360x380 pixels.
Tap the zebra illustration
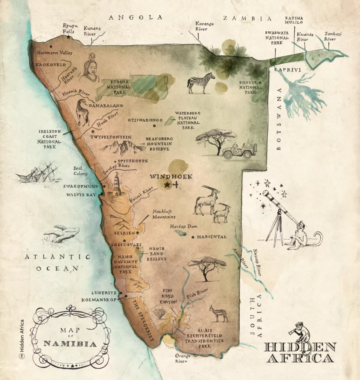[x=201, y=82]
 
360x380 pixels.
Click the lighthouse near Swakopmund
[x=117, y=186]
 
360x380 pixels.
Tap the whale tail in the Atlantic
[x=62, y=234]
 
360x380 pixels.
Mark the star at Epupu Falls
[x=68, y=37]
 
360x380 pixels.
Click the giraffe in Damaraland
[x=82, y=112]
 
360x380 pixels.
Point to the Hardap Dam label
[x=183, y=226]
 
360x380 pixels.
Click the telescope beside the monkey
[x=278, y=208]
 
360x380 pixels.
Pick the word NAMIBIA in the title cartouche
[x=70, y=343]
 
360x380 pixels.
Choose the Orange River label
[x=183, y=357]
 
